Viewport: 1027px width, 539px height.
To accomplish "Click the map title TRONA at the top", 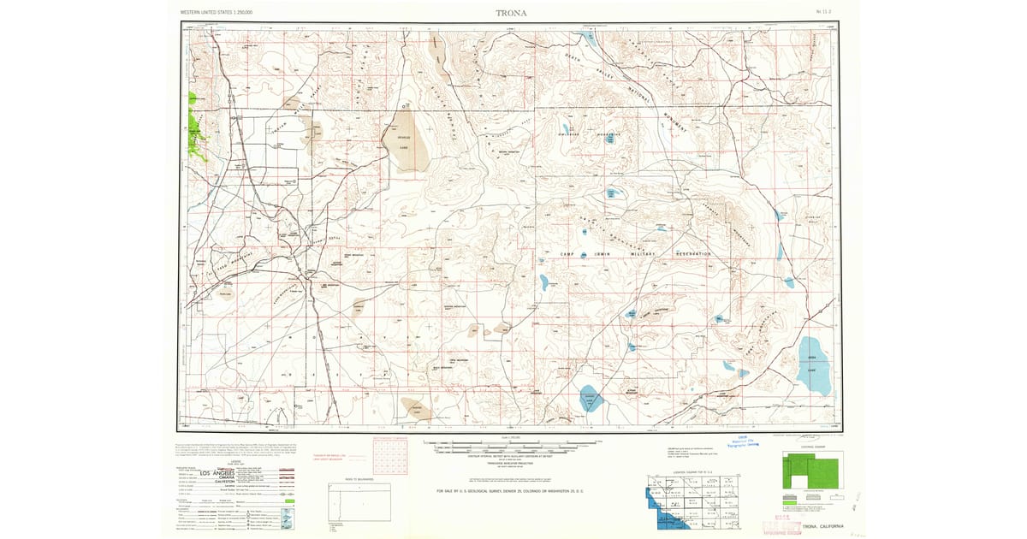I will pyautogui.click(x=512, y=13).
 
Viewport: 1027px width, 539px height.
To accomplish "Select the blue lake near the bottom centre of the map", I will pyautogui.click(x=590, y=398).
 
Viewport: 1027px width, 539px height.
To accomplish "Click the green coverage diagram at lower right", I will pyautogui.click(x=810, y=471).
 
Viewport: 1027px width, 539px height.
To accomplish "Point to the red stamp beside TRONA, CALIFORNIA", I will pyautogui.click(x=781, y=524).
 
